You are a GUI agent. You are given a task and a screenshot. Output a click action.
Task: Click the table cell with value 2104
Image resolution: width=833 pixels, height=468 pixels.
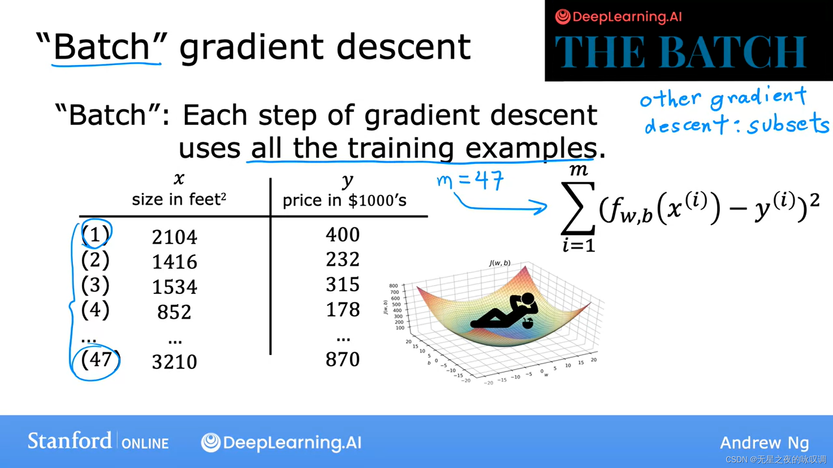coord(174,237)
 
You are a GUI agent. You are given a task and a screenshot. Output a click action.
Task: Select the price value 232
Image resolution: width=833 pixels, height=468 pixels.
coord(343,259)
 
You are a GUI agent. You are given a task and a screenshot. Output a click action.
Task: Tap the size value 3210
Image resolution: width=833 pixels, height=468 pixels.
coord(174,362)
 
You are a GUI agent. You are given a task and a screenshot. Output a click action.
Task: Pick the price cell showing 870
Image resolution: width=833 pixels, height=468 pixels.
coord(343,359)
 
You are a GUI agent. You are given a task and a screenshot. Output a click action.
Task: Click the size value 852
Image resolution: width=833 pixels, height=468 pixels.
coord(174,312)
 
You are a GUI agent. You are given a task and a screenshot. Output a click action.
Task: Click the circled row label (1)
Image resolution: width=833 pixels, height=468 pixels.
coord(95,234)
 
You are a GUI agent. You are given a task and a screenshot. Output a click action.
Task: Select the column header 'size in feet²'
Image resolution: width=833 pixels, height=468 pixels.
coord(179,199)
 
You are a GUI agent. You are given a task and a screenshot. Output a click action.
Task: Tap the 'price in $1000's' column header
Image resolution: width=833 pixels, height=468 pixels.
coord(344,200)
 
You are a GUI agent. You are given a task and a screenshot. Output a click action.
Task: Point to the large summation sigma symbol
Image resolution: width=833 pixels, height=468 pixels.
coord(578,208)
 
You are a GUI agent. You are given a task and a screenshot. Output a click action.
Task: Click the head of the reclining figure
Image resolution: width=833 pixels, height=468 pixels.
coord(528,299)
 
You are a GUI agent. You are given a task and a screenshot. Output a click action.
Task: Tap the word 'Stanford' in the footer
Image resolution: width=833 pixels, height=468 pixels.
coord(69,441)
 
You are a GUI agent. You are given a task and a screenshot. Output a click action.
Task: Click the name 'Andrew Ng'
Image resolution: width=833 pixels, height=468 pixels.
coord(764,443)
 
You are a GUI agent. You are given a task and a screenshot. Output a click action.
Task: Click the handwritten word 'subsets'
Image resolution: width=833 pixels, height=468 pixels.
coord(788,124)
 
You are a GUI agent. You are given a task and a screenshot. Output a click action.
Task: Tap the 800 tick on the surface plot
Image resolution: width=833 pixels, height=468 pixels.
coord(394,286)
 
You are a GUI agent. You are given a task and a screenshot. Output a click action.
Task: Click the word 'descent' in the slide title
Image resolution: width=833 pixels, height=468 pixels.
coord(403,47)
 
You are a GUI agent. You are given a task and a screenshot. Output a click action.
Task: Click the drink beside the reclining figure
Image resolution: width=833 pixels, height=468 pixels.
coord(528,323)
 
